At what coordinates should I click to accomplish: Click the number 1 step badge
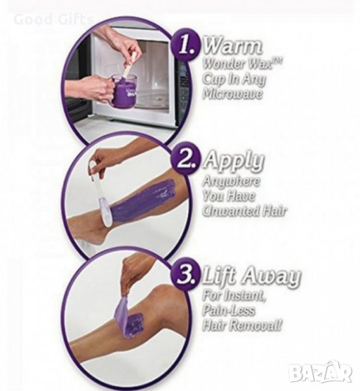[186, 44]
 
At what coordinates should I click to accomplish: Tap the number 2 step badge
[186, 159]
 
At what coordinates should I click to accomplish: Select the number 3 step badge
[186, 275]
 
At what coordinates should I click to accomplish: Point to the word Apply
[234, 162]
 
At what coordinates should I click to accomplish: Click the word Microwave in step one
[232, 94]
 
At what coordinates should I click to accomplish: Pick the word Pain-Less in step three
[228, 310]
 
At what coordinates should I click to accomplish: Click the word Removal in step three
[255, 325]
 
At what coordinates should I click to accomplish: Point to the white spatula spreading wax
[100, 194]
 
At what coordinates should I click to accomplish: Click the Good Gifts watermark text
[53, 20]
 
